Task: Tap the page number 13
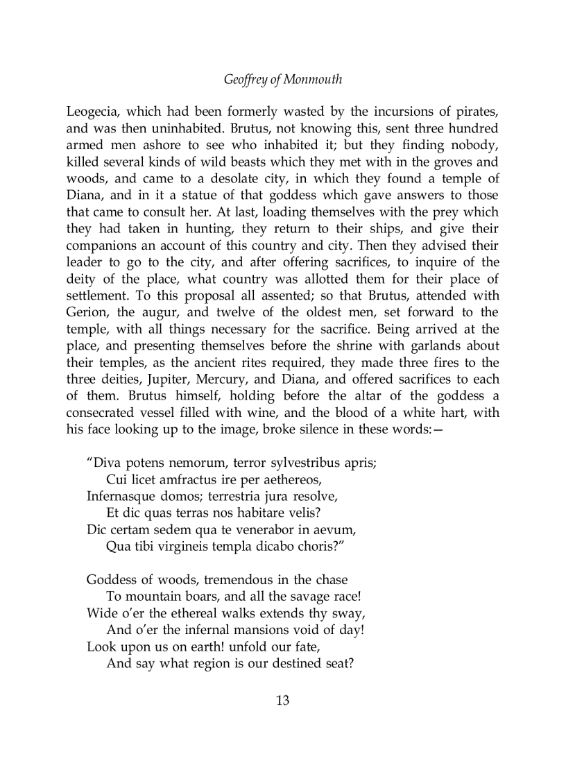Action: [283, 700]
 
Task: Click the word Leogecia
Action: [93, 112]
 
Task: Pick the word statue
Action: [207, 196]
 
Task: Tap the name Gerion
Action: [87, 312]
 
